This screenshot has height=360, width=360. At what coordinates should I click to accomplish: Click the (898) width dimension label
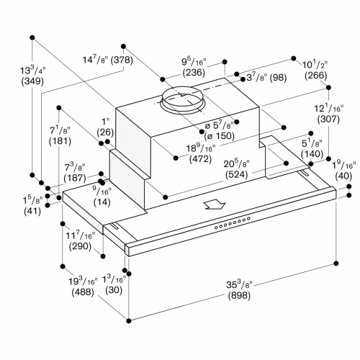[239, 295]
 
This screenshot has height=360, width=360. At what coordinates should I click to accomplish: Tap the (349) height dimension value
[32, 81]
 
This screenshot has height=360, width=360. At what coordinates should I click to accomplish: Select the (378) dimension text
[122, 60]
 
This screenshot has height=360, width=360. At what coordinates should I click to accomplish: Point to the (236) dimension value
[194, 73]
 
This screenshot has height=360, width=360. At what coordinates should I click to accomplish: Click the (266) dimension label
[316, 76]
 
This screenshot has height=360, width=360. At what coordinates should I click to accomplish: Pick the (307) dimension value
[328, 120]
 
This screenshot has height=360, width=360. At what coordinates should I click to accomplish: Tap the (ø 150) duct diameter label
[219, 136]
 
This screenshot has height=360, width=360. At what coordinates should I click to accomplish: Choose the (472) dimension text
[200, 159]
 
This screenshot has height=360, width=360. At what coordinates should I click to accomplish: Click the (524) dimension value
[236, 174]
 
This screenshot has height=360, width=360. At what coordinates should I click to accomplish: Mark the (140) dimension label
[312, 154]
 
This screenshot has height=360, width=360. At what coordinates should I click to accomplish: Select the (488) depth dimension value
[83, 292]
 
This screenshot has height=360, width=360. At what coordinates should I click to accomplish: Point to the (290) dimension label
[80, 246]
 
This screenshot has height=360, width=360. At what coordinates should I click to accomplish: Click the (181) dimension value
[60, 141]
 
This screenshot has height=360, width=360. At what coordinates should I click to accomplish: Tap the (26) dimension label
[105, 132]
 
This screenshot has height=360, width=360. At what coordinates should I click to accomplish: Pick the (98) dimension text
[278, 78]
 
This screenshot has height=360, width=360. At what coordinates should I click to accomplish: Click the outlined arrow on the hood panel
[215, 205]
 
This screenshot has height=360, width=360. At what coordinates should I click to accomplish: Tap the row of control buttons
[233, 223]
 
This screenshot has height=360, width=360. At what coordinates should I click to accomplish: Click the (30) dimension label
[114, 290]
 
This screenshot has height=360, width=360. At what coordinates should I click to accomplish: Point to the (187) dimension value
[75, 178]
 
